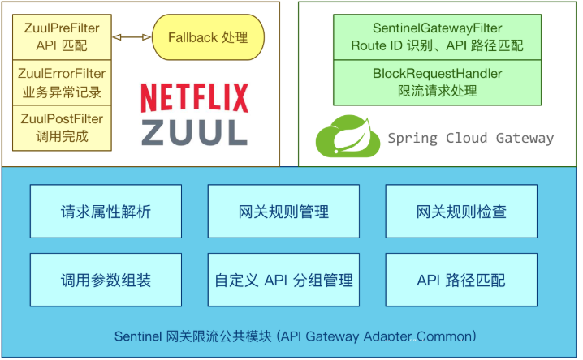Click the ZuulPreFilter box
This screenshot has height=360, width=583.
(x=62, y=37)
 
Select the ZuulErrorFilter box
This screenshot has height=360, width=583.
(x=62, y=82)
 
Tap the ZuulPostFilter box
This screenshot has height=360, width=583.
(x=62, y=127)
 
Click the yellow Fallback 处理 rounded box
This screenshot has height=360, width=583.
(x=207, y=37)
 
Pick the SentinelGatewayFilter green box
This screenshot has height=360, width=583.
(x=437, y=37)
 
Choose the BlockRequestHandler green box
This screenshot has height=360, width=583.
(x=437, y=83)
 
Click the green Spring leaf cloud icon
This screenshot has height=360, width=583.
(x=348, y=135)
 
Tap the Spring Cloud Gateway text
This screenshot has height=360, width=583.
(x=470, y=138)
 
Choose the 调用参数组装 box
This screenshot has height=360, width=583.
(x=106, y=281)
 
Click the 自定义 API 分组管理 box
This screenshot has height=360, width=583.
(x=283, y=281)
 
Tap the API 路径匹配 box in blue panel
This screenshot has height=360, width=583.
(x=460, y=281)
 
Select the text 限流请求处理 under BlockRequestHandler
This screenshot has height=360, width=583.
(x=437, y=92)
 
